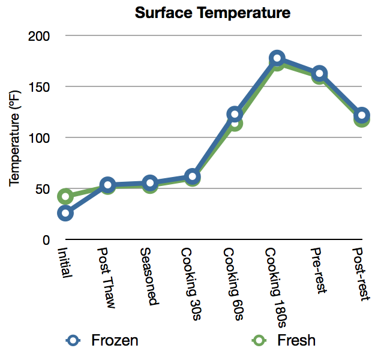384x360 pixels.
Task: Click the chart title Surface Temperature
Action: click(x=212, y=12)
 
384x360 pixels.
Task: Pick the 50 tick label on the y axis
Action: click(x=42, y=190)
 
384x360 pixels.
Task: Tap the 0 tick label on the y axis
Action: click(x=45, y=241)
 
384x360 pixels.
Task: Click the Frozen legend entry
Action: click(x=114, y=340)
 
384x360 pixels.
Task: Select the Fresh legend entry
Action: click(x=296, y=340)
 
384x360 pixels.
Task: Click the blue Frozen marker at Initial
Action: click(x=65, y=213)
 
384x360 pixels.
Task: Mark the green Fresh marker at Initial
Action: click(x=65, y=197)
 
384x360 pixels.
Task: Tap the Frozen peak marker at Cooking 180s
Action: click(x=277, y=58)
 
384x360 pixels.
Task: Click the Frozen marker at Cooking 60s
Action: click(x=235, y=114)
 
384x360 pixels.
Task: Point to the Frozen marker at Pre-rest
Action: click(x=319, y=74)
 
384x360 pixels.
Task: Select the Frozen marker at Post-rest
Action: click(x=361, y=115)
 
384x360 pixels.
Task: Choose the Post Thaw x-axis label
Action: click(x=107, y=276)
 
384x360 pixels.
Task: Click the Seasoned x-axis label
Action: click(x=149, y=275)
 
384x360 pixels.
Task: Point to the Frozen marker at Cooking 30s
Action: click(x=192, y=176)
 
